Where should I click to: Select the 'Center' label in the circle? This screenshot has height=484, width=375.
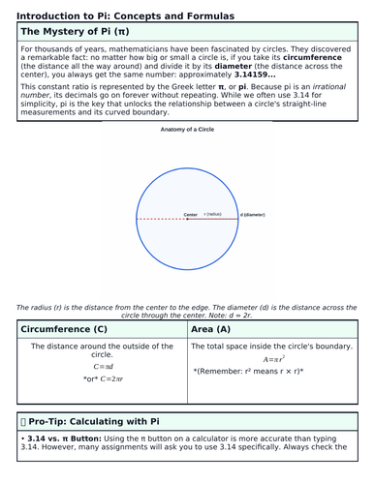191,214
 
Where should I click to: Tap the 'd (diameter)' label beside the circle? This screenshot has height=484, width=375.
255,214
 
